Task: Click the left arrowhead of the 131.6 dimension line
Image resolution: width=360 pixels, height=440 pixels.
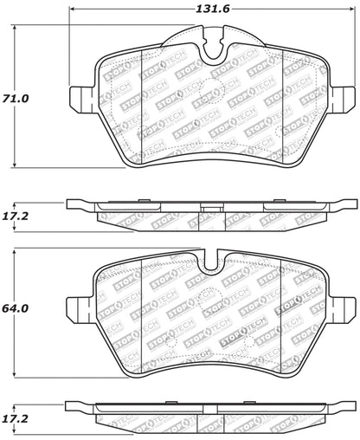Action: click(x=72, y=11)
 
